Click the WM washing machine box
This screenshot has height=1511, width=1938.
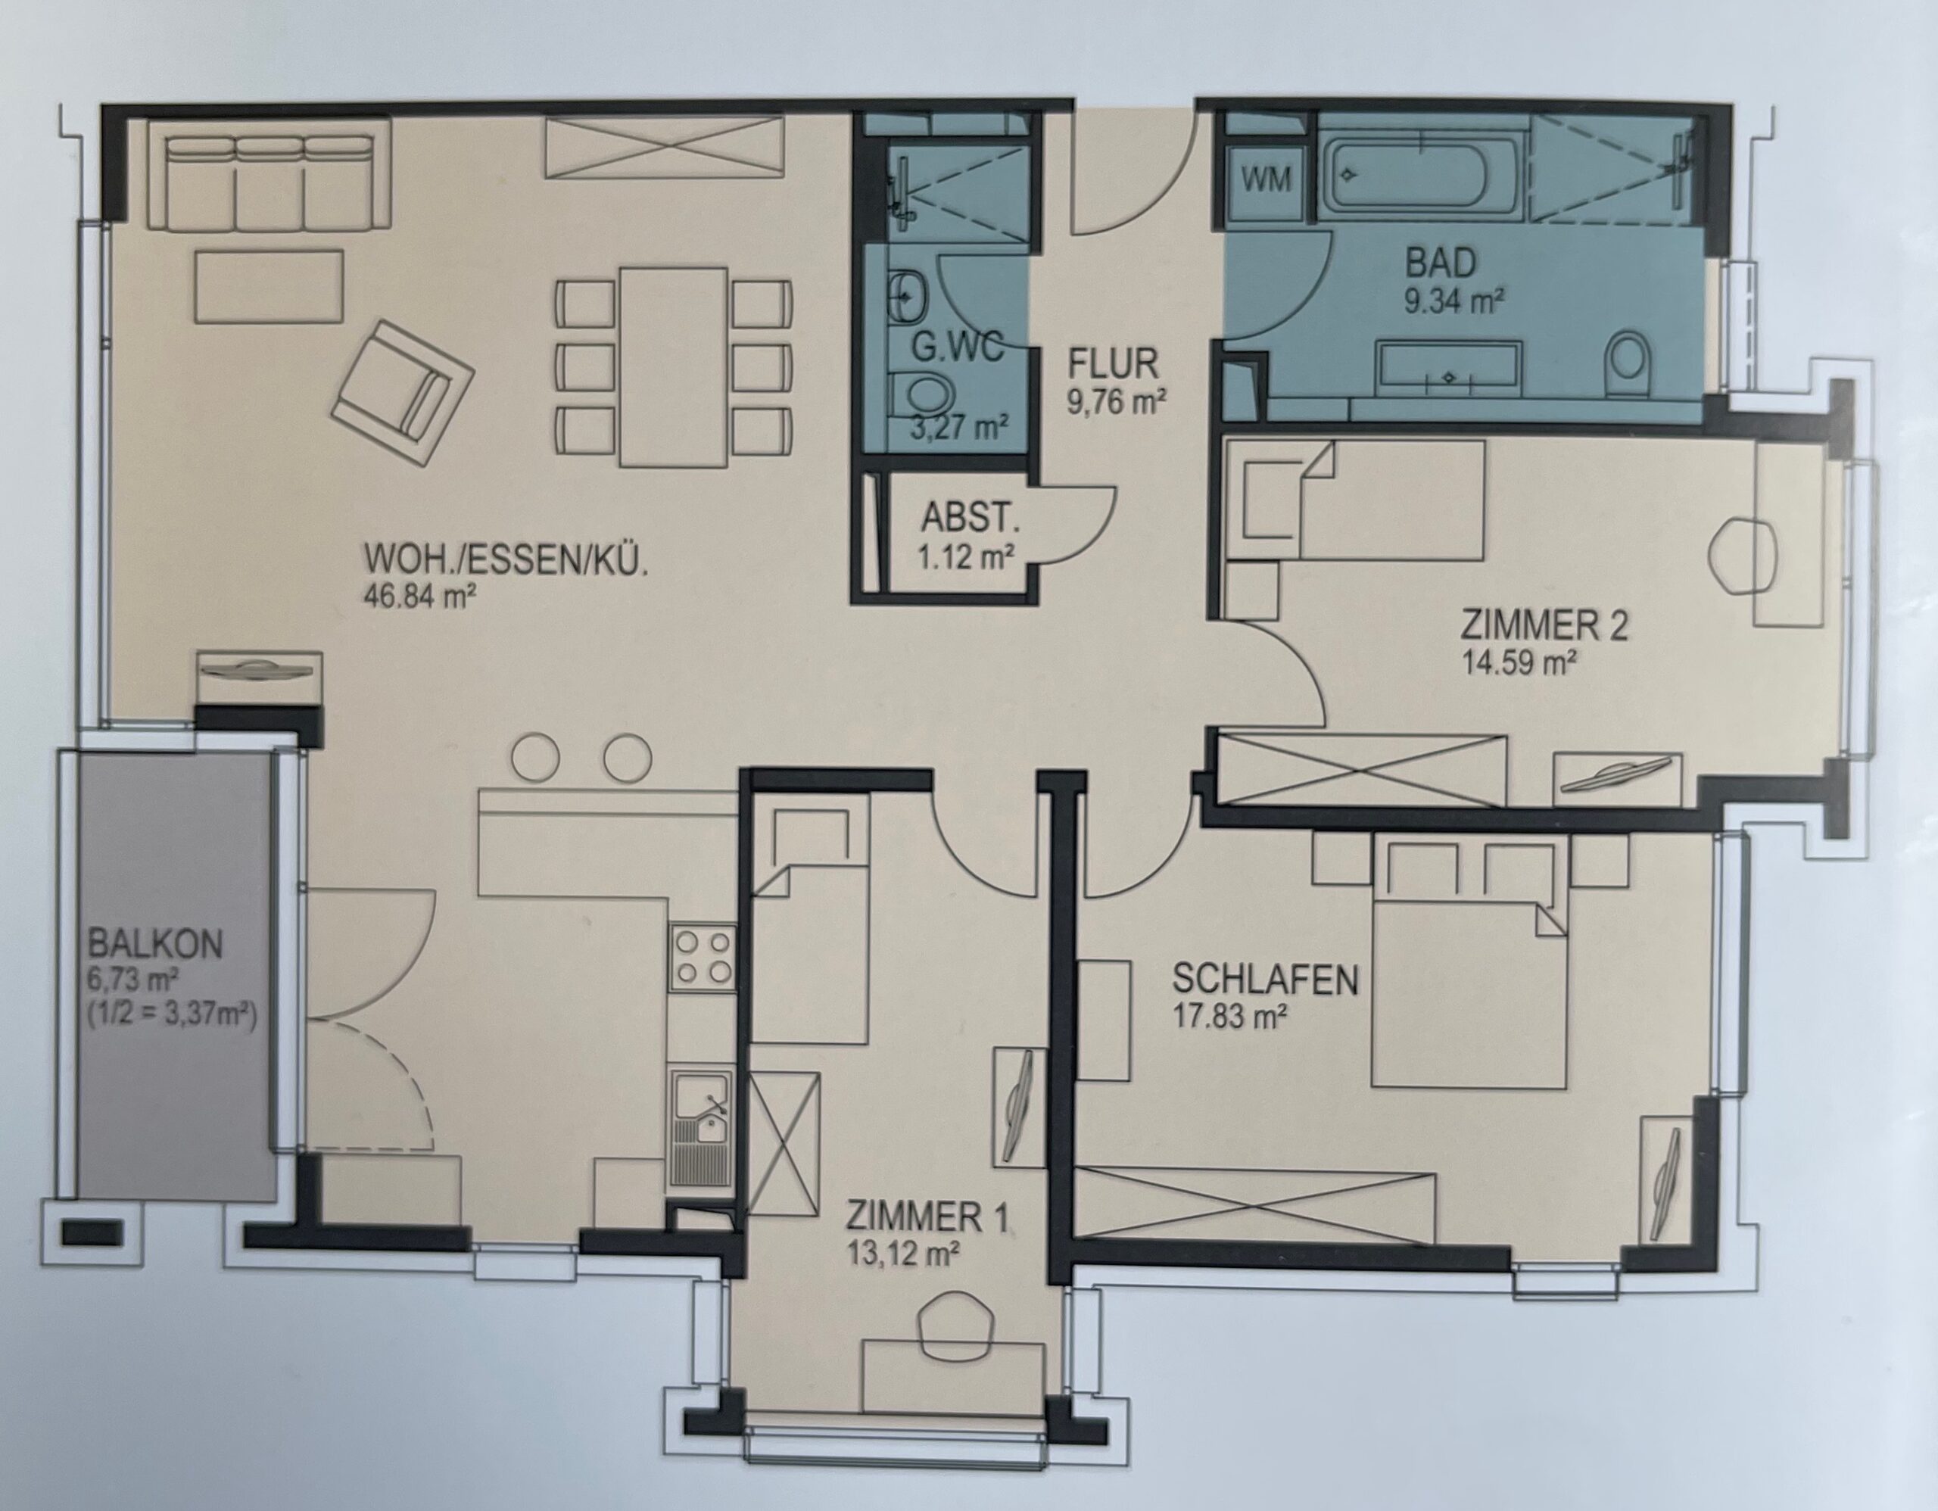1266,181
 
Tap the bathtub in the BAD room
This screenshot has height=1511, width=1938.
1421,177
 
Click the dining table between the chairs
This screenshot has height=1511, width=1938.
674,366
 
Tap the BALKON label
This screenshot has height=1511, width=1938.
155,944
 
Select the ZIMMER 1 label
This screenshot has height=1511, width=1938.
927,1216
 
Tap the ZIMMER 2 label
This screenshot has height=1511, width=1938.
1544,626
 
